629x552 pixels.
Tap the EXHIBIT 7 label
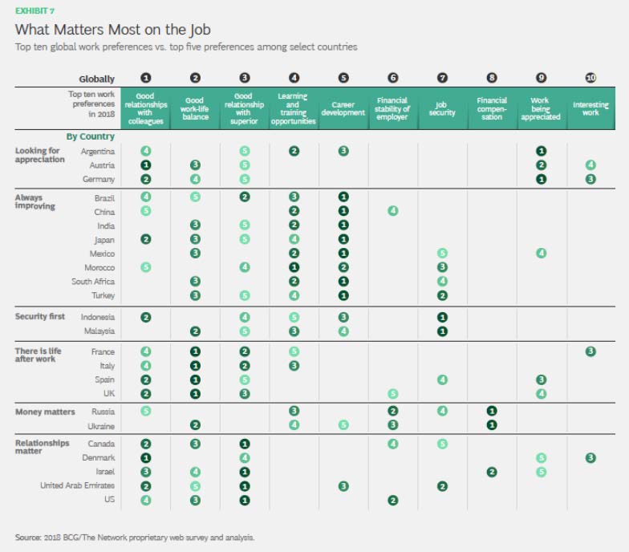point(35,10)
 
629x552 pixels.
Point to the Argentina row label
point(98,151)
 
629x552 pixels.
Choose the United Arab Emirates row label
point(78,485)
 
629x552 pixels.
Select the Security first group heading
point(41,317)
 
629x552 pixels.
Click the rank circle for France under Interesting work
point(590,351)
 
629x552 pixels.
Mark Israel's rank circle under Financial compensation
point(491,472)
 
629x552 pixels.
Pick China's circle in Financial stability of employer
point(392,211)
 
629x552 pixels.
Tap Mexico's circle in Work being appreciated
point(541,254)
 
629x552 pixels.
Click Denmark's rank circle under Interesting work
point(590,457)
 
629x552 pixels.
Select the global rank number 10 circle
point(590,79)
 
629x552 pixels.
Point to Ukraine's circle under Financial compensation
point(491,425)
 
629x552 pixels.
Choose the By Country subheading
point(90,136)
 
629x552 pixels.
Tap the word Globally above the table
point(96,79)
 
